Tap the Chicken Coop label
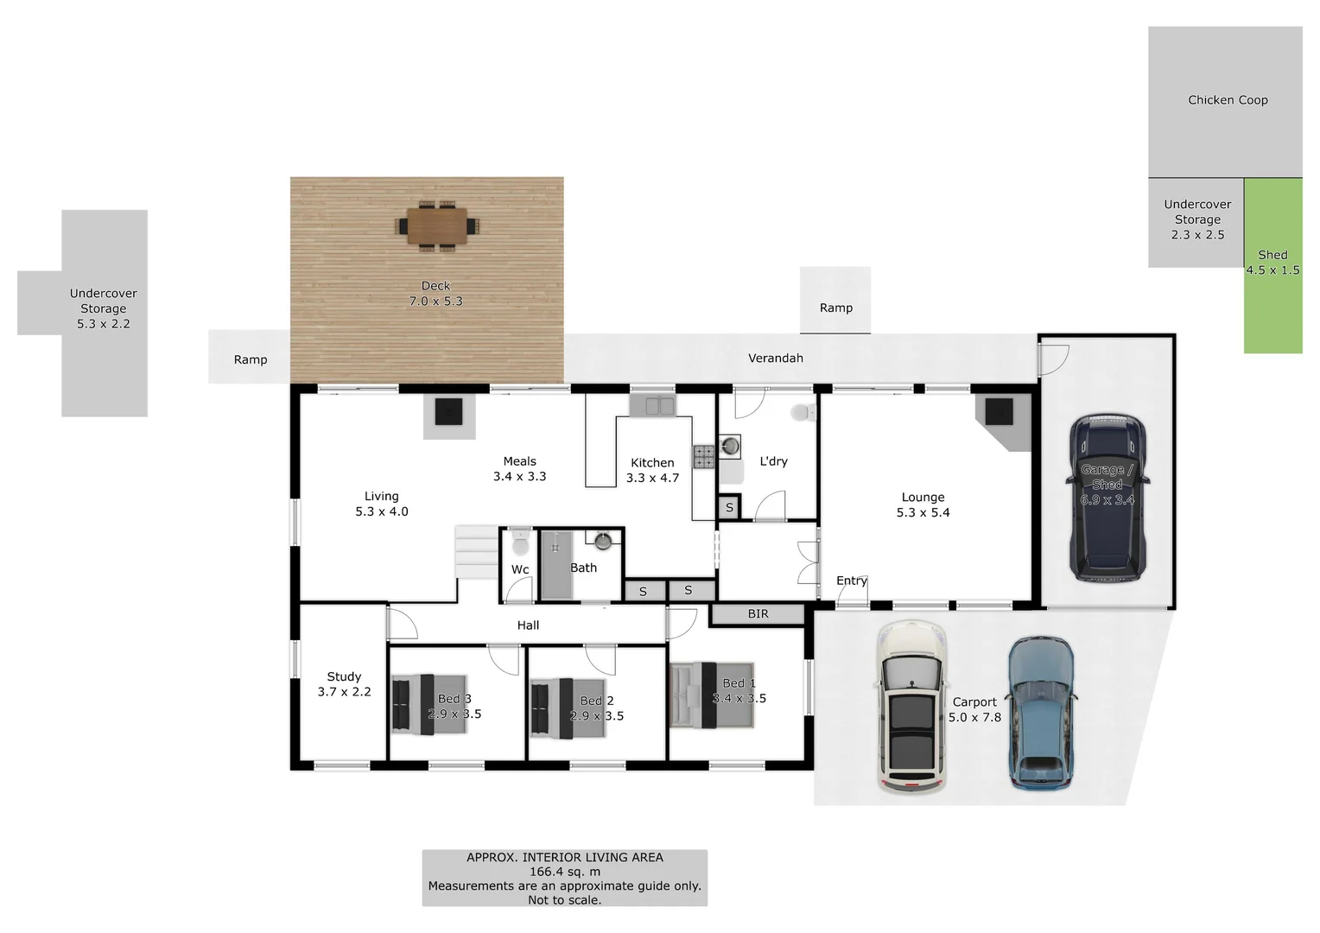(x=1228, y=100)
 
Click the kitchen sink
(x=652, y=405)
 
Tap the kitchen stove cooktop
(x=703, y=456)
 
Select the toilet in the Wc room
(x=520, y=544)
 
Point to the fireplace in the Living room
(x=448, y=415)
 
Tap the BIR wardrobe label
(x=758, y=614)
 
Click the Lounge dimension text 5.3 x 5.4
(x=923, y=512)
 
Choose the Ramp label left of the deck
(x=251, y=359)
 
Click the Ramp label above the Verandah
(x=835, y=308)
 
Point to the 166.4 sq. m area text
(x=564, y=872)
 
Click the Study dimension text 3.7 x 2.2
(x=344, y=692)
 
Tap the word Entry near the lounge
(x=851, y=581)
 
